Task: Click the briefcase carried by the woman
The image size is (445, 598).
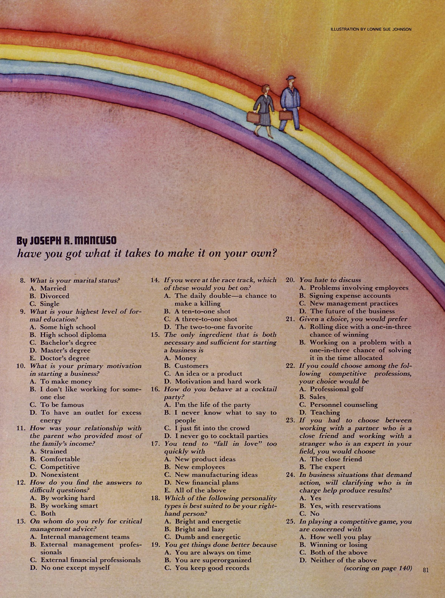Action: point(253,117)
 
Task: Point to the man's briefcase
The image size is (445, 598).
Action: point(285,115)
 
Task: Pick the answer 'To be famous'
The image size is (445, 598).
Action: point(62,405)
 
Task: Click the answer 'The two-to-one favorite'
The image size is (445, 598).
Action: point(214,327)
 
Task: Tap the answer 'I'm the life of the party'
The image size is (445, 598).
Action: point(212,405)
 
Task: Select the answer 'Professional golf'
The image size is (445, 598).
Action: point(336,389)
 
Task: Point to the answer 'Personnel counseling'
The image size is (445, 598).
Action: point(343,405)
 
